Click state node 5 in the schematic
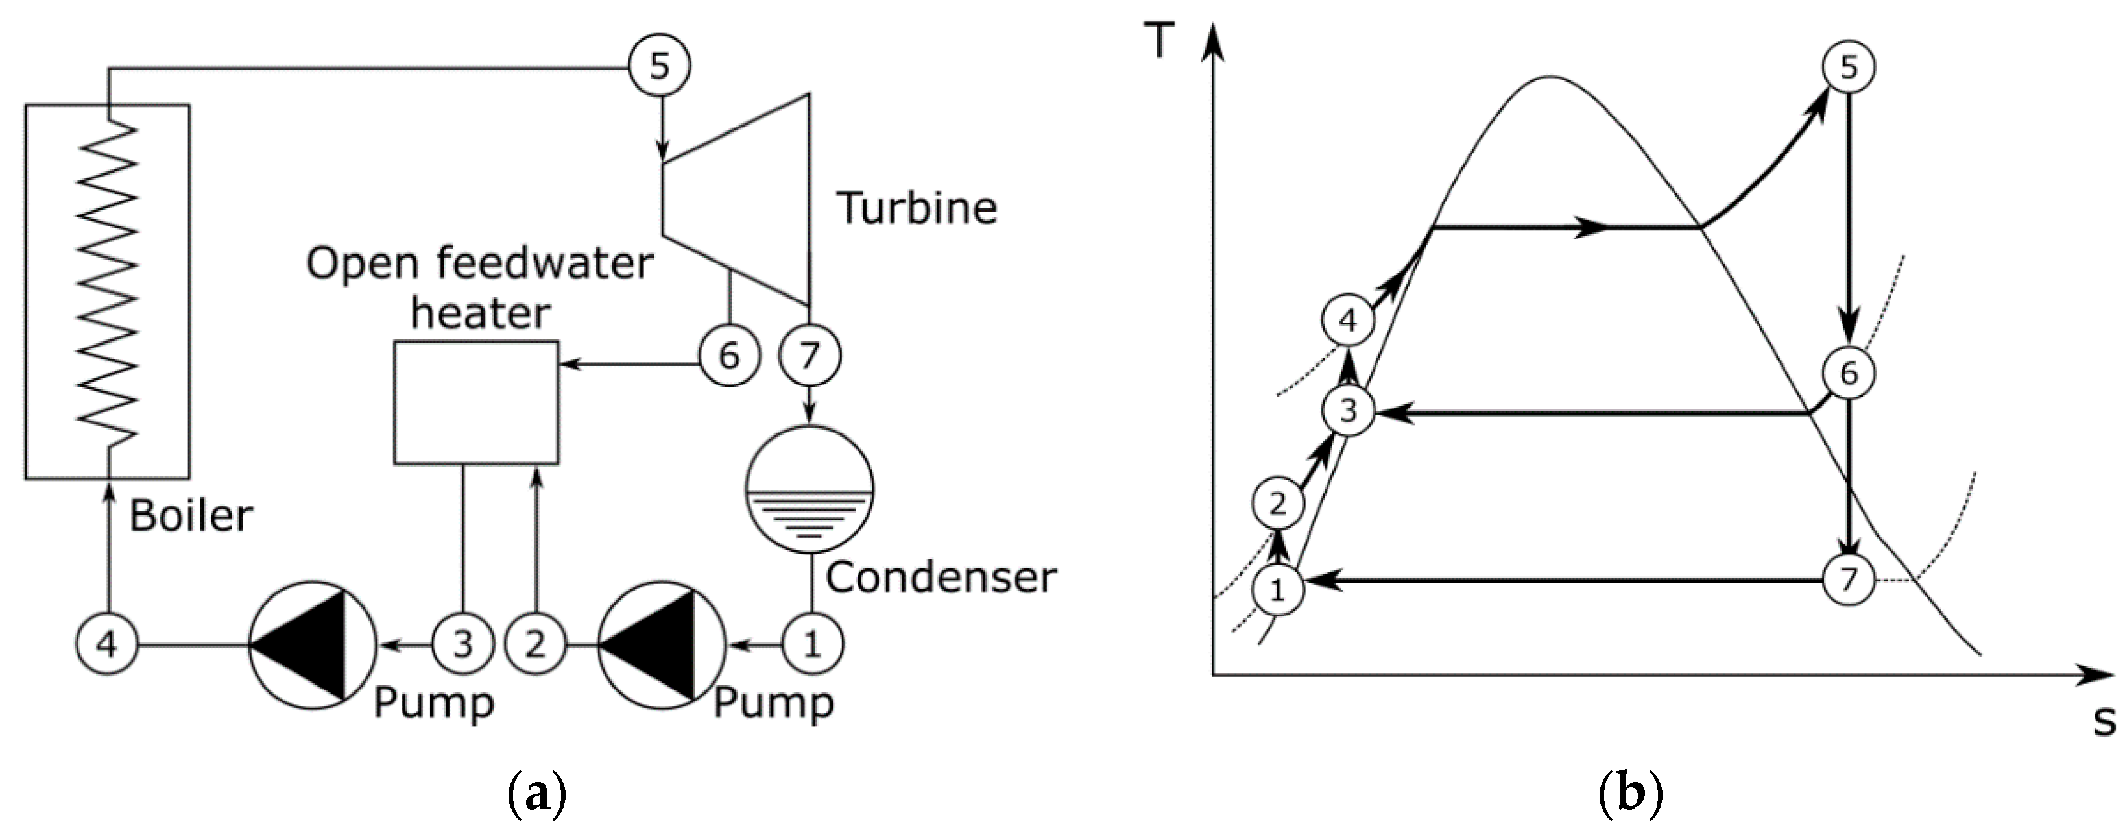658,65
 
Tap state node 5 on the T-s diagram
1848,66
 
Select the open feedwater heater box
476,402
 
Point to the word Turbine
917,207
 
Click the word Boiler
191,516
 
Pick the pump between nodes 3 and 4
312,644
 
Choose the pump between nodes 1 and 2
662,644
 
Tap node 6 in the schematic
728,356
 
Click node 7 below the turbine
810,356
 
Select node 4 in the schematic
107,644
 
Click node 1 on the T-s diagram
1277,590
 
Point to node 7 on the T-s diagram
1848,580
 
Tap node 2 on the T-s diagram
1277,502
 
